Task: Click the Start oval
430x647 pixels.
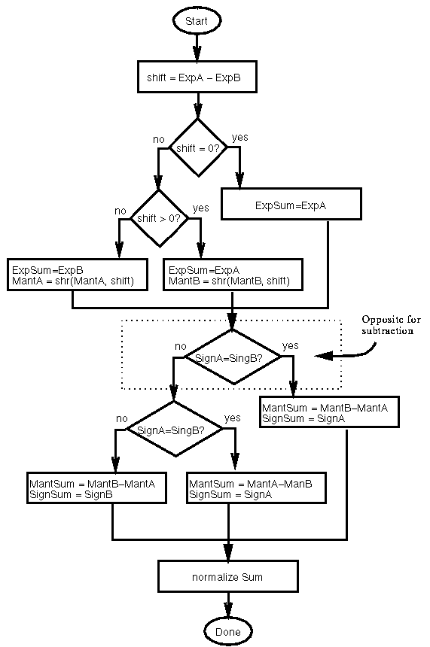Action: [197, 22]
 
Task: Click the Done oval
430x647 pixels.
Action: [227, 631]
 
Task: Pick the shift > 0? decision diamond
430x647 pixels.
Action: [159, 218]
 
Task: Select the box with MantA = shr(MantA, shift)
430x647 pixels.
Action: [73, 275]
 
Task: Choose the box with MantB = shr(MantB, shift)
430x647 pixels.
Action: [233, 275]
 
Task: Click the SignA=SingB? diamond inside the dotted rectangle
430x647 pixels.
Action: [233, 357]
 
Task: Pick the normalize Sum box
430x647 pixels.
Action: [227, 577]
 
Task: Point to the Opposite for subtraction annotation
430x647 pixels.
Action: [387, 326]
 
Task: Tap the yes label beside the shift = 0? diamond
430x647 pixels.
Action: [239, 137]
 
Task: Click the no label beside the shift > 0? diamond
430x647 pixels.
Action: [120, 211]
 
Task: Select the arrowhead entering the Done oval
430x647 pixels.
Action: [227, 612]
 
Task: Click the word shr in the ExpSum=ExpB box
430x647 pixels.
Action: [69, 281]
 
